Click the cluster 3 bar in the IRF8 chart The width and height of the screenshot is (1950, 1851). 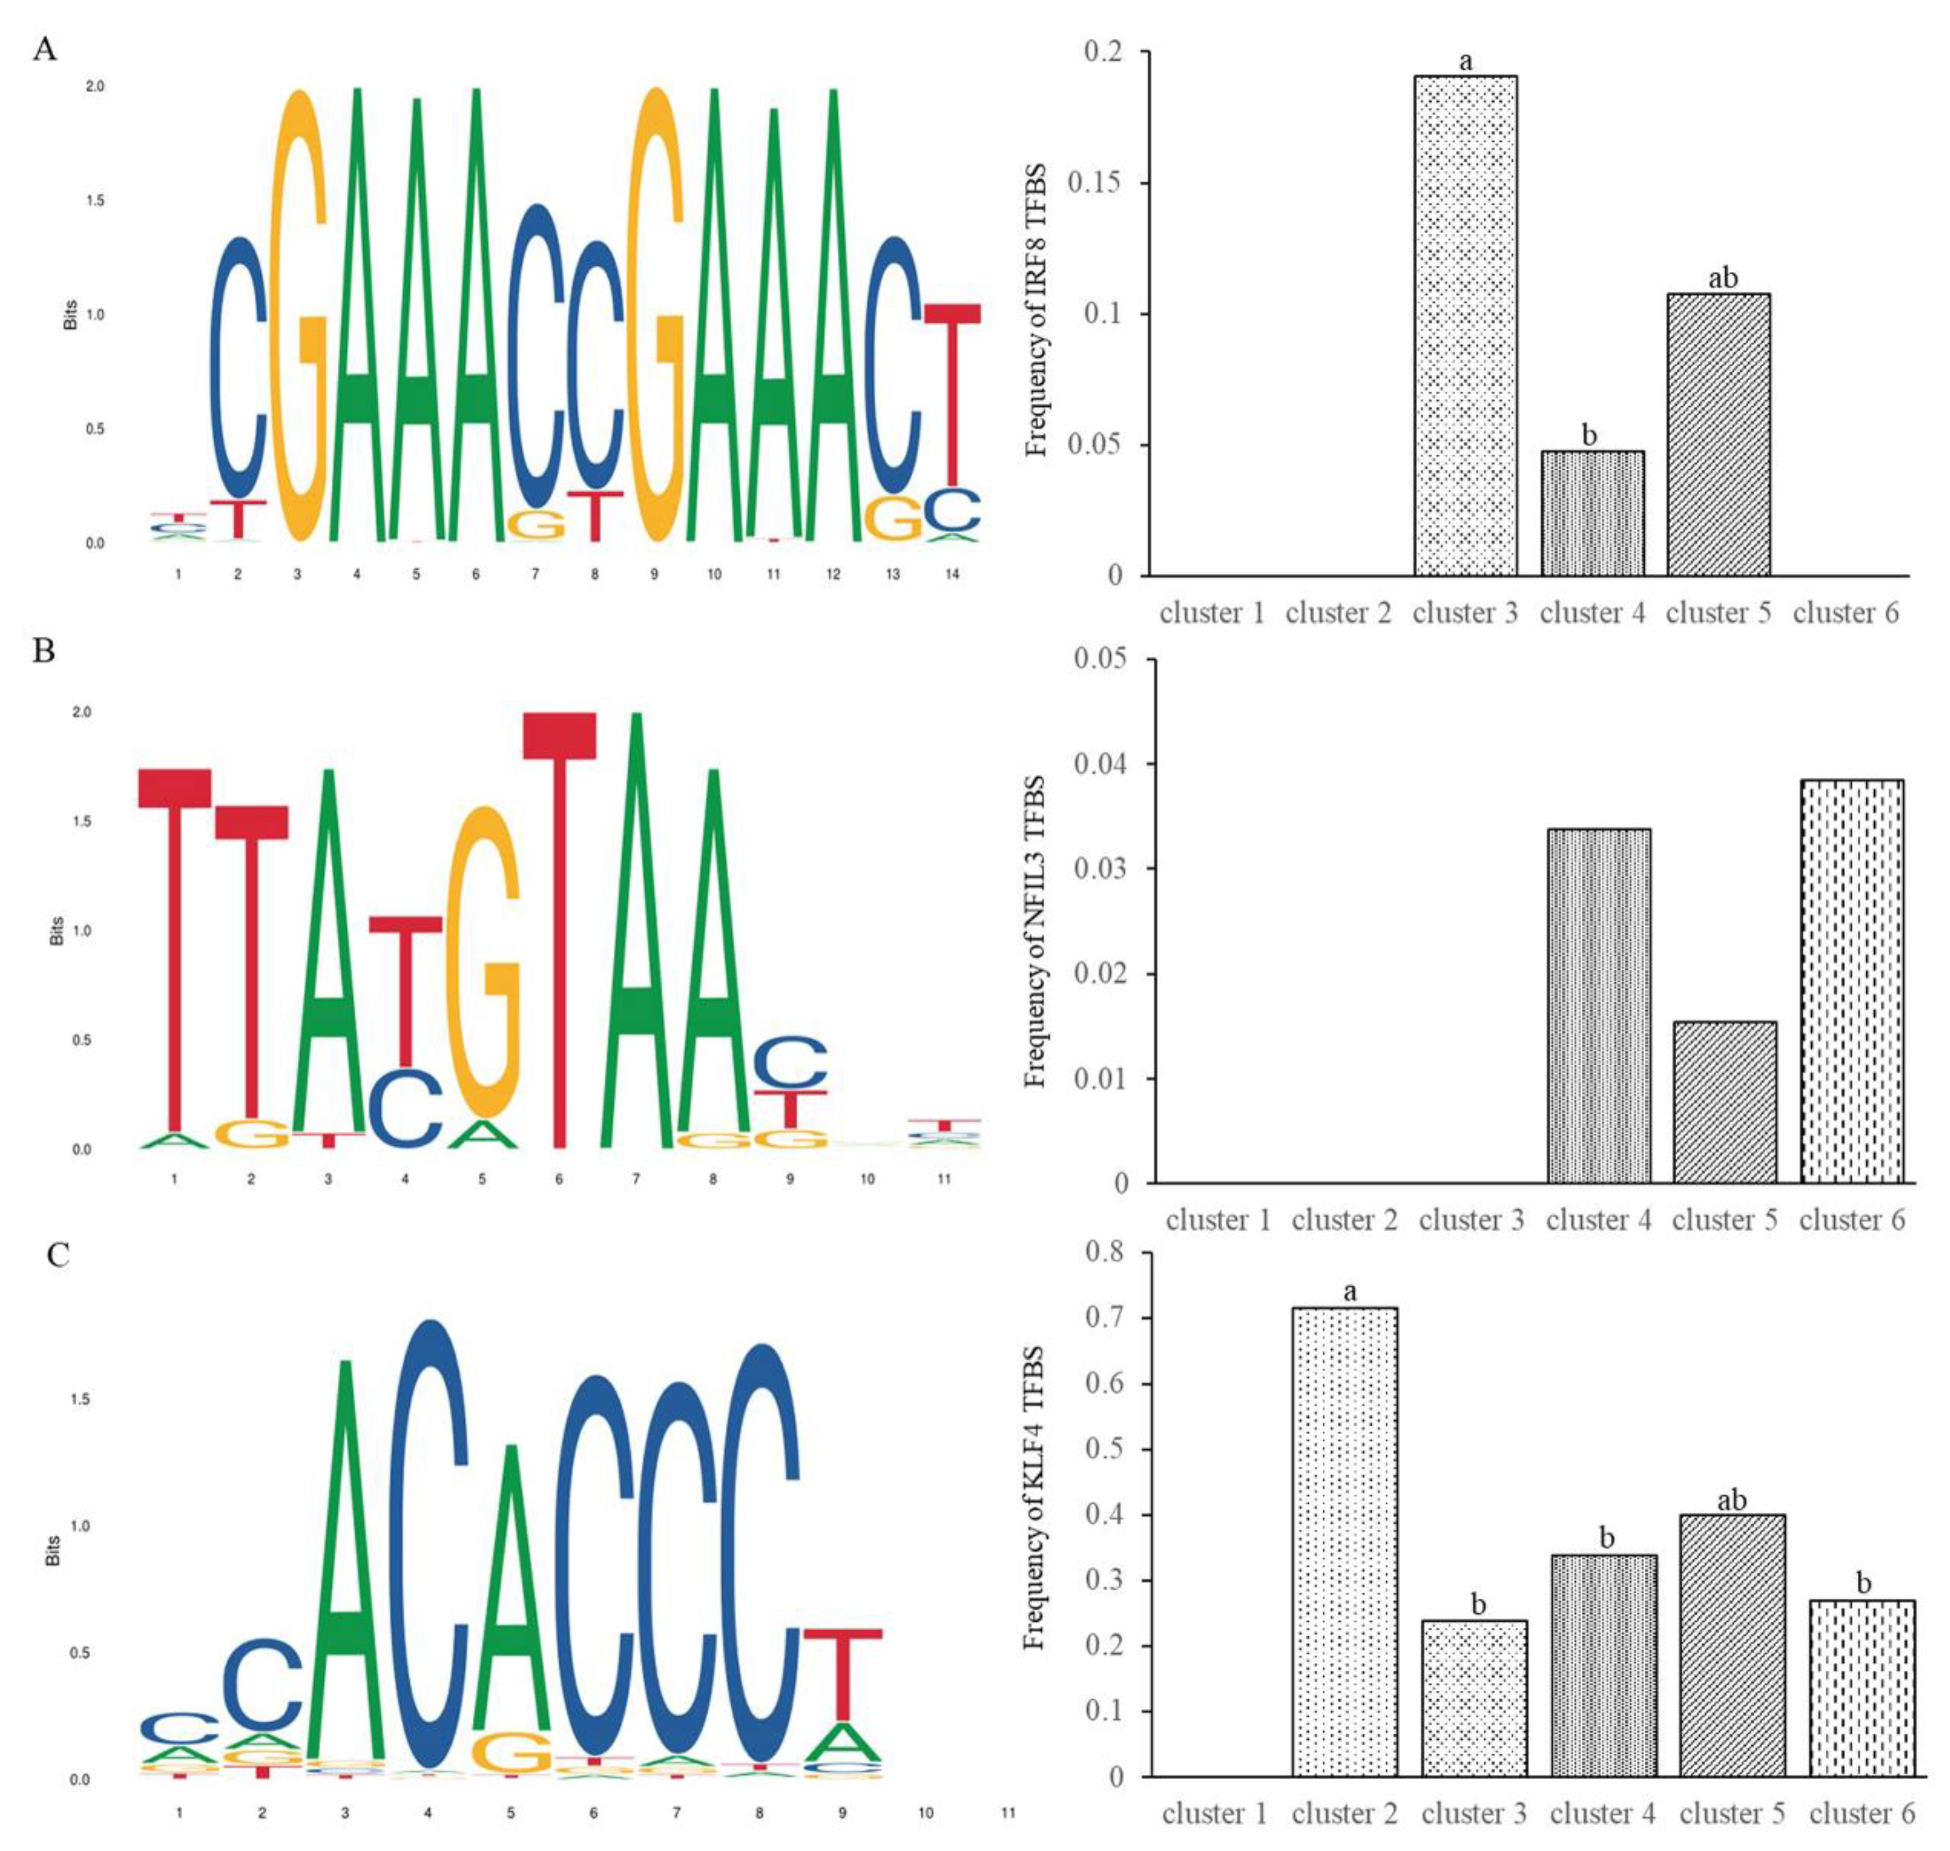[1465, 325]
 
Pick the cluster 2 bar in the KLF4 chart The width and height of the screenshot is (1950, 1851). [1344, 1541]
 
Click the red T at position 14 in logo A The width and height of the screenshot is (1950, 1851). [952, 394]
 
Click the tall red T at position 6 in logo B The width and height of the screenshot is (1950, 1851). [559, 928]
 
